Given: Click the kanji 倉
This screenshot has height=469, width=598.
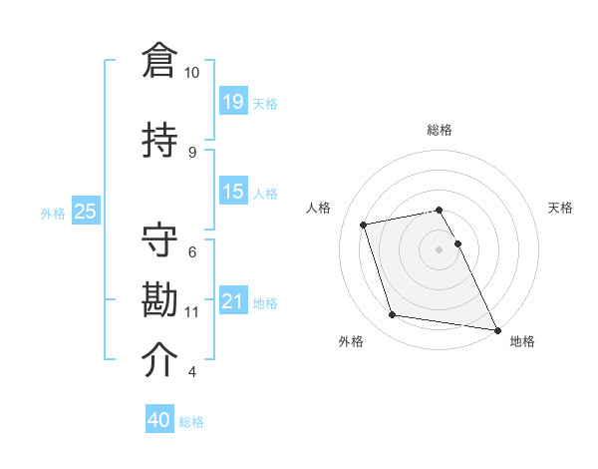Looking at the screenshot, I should click(159, 61).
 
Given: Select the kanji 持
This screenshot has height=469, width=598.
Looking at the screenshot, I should click(159, 140).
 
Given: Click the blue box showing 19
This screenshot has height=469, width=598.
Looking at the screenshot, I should click(232, 102).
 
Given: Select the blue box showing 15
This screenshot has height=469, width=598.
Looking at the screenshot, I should click(232, 192).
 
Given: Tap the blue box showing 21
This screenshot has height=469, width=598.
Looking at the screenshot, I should click(232, 301).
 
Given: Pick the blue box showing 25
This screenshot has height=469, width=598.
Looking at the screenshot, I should click(85, 212).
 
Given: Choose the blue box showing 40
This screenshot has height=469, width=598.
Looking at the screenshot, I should click(159, 421).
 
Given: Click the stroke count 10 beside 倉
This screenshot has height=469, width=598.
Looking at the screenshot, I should click(192, 73).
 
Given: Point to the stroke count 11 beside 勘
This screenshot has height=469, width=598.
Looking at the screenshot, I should click(192, 312).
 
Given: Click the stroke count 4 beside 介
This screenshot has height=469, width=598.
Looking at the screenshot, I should click(192, 372).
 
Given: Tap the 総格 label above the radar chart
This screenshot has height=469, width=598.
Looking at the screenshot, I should click(440, 130).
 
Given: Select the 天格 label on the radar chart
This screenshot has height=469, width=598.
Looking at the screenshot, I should click(561, 208).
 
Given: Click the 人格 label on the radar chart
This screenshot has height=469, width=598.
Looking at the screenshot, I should click(318, 208).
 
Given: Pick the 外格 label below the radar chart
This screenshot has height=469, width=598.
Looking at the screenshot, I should click(351, 341).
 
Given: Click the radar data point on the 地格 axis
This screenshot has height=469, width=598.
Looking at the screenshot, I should click(497, 328).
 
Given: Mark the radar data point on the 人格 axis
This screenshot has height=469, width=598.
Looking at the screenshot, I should click(364, 224).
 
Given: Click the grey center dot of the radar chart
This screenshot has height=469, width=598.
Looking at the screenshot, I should click(440, 248).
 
